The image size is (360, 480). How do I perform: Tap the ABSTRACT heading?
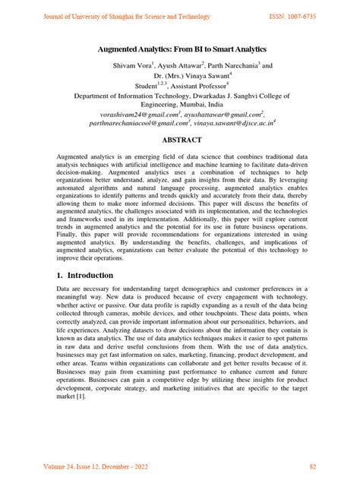point(179,141)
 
